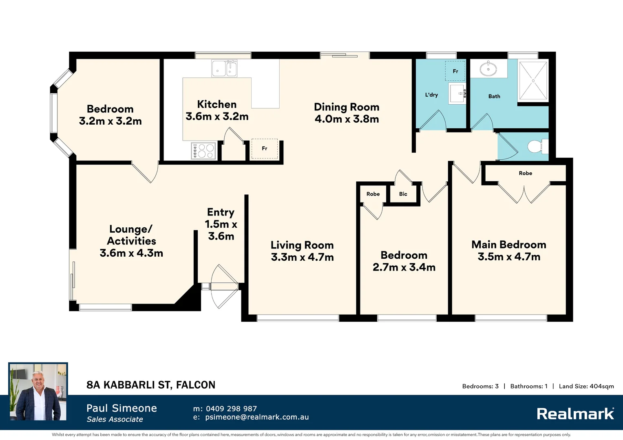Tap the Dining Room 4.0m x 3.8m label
point(347,113)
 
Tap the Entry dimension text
point(221,230)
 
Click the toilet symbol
point(538,146)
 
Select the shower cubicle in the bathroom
point(533,81)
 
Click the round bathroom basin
point(489,68)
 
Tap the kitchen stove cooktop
point(203,151)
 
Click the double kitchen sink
point(224,68)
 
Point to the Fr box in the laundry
point(455,71)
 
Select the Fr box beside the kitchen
point(265,149)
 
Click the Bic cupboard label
point(403,194)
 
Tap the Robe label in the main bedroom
point(526,173)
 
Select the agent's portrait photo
point(38,392)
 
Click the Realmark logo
point(575,414)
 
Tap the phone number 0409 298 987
point(232,409)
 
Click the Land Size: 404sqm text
point(586,386)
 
